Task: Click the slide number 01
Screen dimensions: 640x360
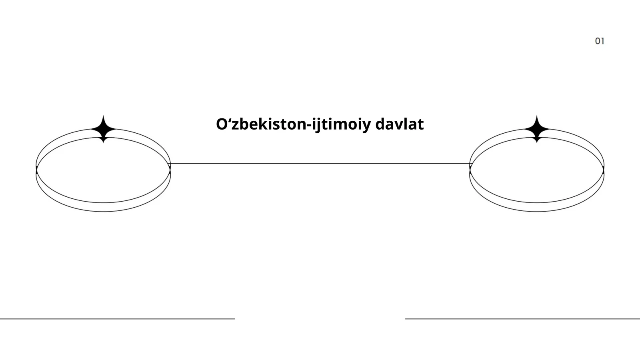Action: (x=600, y=41)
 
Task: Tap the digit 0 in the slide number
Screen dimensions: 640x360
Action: (x=598, y=41)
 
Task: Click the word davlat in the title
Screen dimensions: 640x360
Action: (x=400, y=124)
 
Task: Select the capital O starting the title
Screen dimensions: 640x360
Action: (x=222, y=124)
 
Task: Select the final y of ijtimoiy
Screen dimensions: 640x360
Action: (x=366, y=127)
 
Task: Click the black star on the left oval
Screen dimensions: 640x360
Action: (x=104, y=129)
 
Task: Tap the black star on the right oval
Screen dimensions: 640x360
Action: (x=537, y=129)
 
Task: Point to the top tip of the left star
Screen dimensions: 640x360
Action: (x=104, y=116)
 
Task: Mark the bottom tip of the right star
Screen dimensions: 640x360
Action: (x=537, y=143)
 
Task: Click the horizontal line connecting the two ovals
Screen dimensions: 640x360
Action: (x=320, y=164)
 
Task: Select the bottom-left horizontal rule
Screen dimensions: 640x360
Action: (x=118, y=319)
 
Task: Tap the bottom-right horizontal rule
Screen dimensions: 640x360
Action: (x=522, y=319)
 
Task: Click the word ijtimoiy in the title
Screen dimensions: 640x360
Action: (x=342, y=126)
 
